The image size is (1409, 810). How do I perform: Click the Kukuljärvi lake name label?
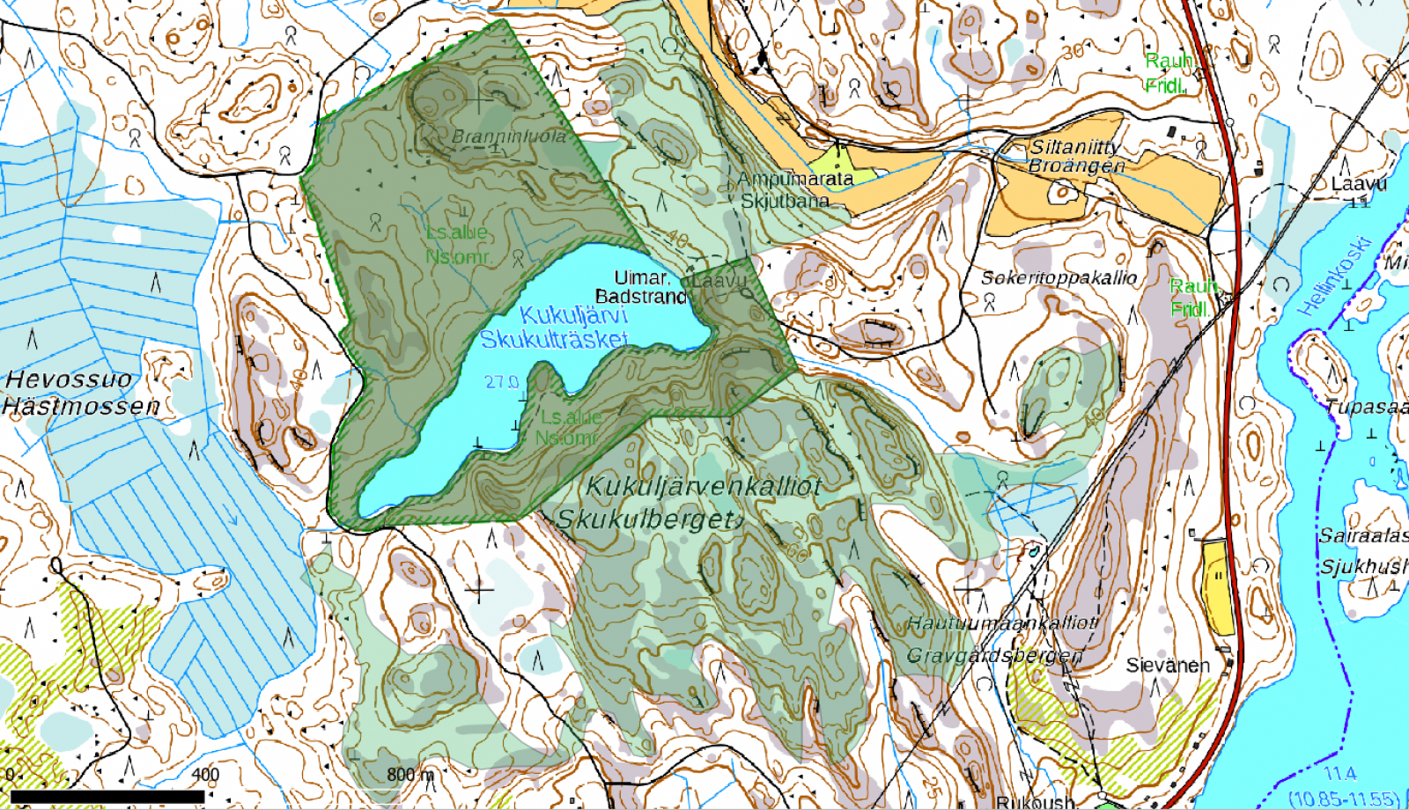[x=573, y=315]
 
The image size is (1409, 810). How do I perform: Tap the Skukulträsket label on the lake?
[x=554, y=339]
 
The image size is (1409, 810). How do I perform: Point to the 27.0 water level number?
[x=501, y=381]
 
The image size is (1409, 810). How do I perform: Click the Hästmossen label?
[x=81, y=406]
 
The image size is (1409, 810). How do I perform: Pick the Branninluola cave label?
[x=509, y=136]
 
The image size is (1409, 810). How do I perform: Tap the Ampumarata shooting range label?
[x=795, y=179]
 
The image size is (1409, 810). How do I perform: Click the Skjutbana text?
[x=785, y=200]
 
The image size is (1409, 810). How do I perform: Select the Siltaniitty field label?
[x=1074, y=147]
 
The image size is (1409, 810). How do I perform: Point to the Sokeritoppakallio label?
[x=1059, y=277]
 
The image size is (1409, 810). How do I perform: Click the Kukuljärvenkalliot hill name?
[x=703, y=485]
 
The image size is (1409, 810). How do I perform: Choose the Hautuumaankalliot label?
[x=1002, y=622]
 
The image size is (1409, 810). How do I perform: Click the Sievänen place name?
[x=1168, y=665]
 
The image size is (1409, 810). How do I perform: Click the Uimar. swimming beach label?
[x=641, y=277]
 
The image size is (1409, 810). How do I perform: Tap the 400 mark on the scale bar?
[x=205, y=774]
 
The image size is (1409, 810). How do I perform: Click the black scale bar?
[x=107, y=797]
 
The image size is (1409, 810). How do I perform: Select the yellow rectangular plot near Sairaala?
[x=1218, y=586]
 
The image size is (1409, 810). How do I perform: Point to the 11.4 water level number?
[x=1339, y=773]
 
